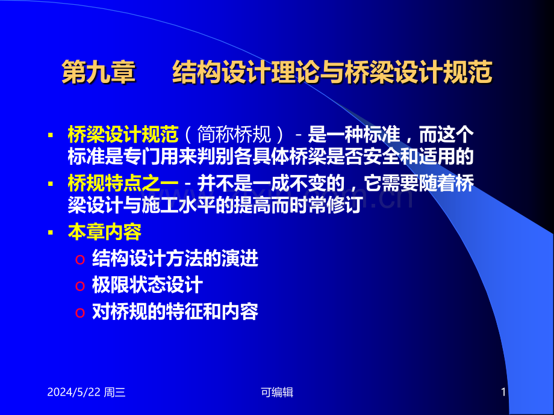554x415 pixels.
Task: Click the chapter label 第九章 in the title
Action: click(x=99, y=72)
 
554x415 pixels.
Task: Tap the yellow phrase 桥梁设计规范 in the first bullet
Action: click(x=123, y=135)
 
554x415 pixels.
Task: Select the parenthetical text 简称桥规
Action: click(x=234, y=135)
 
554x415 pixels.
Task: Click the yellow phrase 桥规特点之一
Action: click(x=123, y=183)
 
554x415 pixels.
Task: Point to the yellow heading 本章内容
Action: click(x=105, y=232)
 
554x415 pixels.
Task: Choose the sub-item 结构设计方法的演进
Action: click(x=175, y=259)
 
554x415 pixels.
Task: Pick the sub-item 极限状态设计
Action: click(x=148, y=284)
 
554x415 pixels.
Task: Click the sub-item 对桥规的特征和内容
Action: click(x=175, y=312)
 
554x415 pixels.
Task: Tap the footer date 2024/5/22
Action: click(x=74, y=392)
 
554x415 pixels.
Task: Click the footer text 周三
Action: click(x=115, y=392)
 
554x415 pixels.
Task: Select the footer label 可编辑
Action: click(x=277, y=392)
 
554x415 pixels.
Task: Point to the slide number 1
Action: click(x=503, y=392)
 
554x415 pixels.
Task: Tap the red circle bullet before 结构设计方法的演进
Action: click(x=80, y=260)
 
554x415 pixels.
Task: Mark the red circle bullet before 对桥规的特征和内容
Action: click(x=80, y=313)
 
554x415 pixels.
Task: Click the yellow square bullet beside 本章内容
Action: click(x=51, y=233)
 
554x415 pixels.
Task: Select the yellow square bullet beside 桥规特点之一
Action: click(x=51, y=184)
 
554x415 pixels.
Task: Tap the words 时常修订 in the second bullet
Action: click(x=326, y=205)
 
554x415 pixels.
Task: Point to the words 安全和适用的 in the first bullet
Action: click(x=419, y=156)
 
